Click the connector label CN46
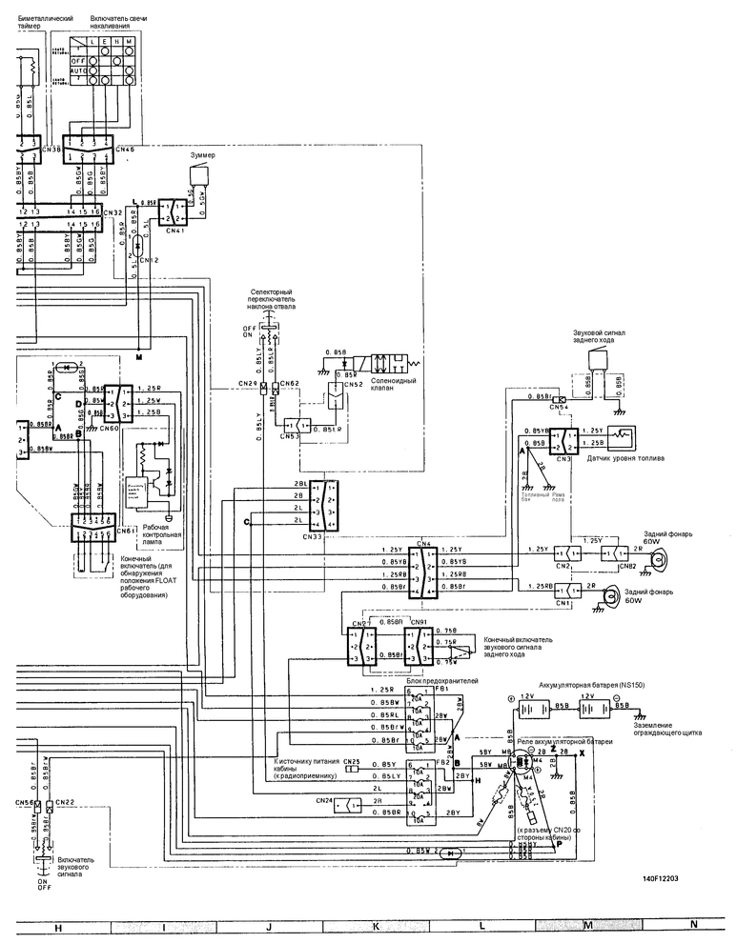point(125,150)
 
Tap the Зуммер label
point(204,154)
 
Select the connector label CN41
point(174,230)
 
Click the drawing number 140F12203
point(662,879)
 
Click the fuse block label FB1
point(442,690)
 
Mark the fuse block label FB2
point(442,763)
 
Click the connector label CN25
point(352,761)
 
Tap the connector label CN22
point(66,803)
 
